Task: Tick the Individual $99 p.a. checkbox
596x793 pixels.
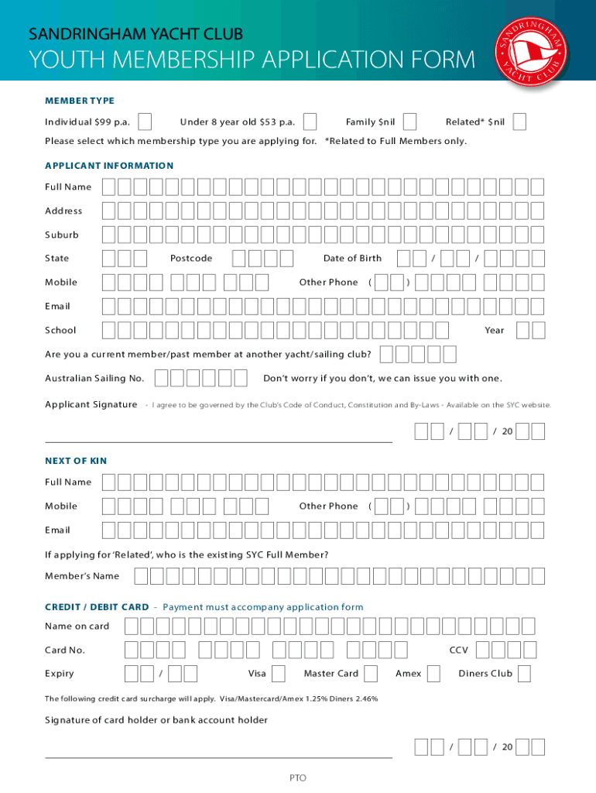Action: click(144, 122)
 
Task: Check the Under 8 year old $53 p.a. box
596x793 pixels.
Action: click(310, 122)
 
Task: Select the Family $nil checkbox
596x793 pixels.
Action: click(410, 122)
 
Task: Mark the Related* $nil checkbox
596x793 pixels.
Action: click(520, 122)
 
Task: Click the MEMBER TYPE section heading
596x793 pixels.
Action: click(80, 101)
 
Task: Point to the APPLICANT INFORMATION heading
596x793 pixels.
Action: click(109, 166)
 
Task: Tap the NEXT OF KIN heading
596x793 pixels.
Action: click(76, 461)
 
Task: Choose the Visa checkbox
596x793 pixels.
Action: click(279, 673)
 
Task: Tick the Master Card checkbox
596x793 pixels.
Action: click(371, 673)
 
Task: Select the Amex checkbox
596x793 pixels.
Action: click(433, 673)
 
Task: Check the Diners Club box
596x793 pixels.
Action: click(524, 673)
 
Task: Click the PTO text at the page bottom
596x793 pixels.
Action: click(298, 777)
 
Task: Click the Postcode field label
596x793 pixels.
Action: click(191, 259)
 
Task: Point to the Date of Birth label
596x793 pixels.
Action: click(352, 259)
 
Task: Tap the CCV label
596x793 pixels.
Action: click(459, 650)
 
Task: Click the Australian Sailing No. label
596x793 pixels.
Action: click(94, 379)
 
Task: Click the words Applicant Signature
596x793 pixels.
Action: click(91, 404)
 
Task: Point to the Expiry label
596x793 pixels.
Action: click(60, 674)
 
